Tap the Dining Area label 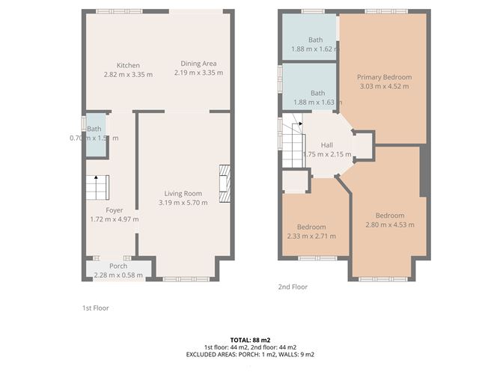coord(198,64)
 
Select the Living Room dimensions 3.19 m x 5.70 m coord(183,203)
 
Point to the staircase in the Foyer coord(97,187)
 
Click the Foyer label coord(114,210)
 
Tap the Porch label coord(118,266)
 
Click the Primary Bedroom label coord(384,76)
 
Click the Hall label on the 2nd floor coord(327,145)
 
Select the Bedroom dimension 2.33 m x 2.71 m coord(311,236)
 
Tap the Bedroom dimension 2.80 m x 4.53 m coord(389,225)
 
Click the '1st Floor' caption coord(95,308)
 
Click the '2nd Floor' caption coord(292,287)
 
